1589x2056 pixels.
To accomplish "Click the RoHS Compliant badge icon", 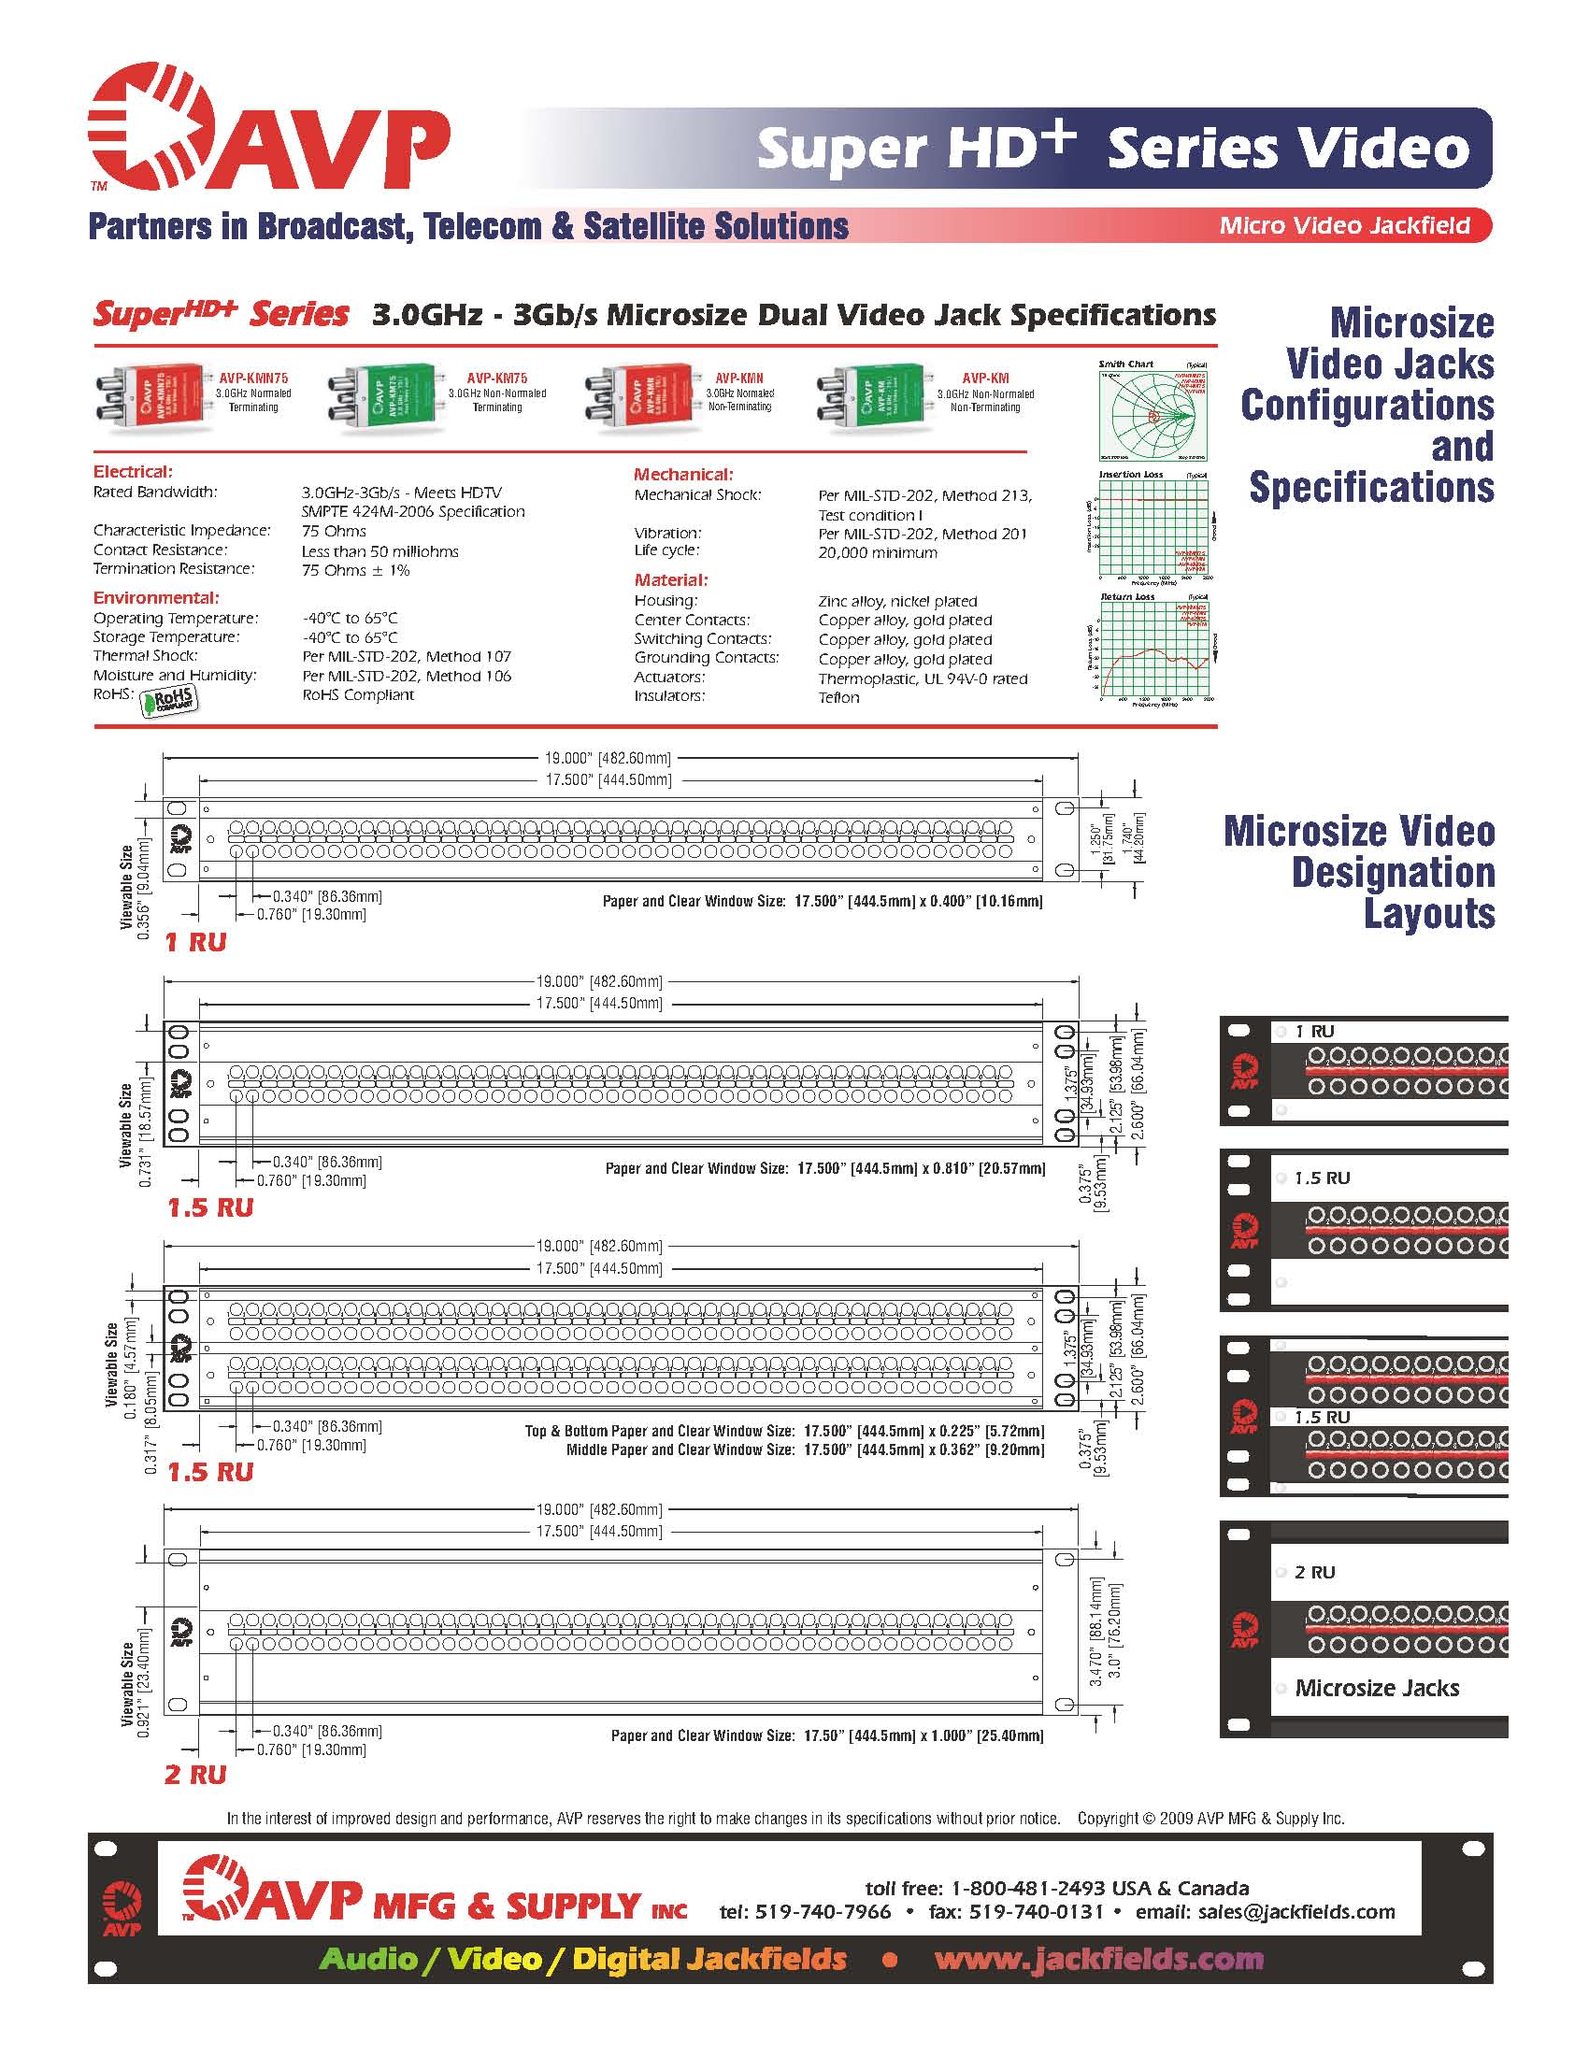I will pos(169,700).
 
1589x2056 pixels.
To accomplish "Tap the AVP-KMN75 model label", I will pos(253,378).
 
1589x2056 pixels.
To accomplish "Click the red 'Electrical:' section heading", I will pos(133,472).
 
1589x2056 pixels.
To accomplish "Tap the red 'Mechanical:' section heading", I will pos(682,475).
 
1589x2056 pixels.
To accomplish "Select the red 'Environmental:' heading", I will pos(155,598).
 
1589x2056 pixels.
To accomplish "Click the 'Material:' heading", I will pos(670,580).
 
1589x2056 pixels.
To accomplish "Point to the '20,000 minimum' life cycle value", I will pos(878,552).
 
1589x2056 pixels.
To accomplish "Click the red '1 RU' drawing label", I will pos(195,942).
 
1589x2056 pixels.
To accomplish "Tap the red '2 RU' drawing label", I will pos(195,1775).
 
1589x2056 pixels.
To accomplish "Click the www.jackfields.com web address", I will pos(1098,1959).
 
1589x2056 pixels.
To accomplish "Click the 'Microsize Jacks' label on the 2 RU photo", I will pos(1376,1688).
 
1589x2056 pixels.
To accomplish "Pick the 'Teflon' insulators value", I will pos(838,697).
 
